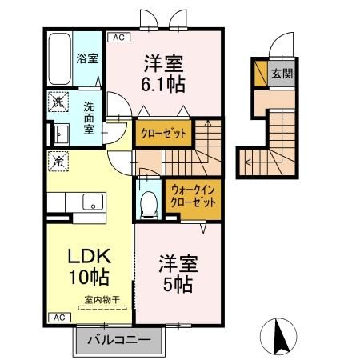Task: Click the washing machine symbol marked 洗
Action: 58,102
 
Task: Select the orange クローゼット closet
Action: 163,134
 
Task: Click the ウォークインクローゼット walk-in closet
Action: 192,197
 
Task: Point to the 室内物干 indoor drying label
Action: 99,301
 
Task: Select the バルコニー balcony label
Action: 118,340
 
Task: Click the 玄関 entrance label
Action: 281,74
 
